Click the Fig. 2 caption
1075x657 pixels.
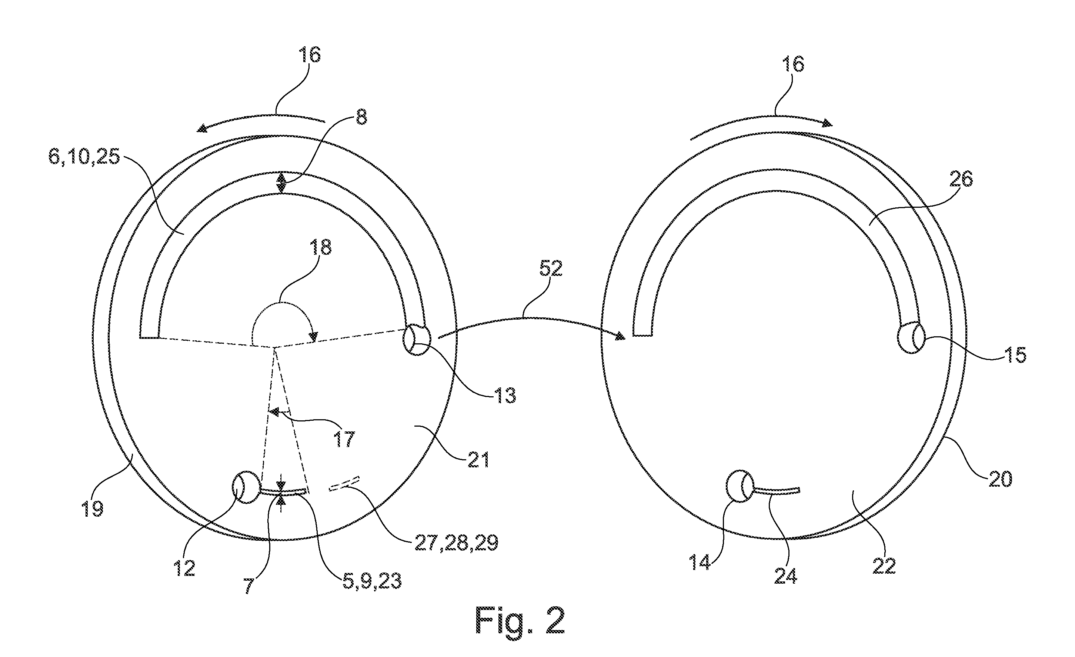[520, 620]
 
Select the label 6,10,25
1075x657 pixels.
[84, 156]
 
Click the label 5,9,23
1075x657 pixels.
[372, 581]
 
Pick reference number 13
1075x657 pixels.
[505, 395]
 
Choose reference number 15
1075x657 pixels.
[1015, 355]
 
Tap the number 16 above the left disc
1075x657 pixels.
[309, 54]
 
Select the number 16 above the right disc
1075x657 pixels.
[793, 63]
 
